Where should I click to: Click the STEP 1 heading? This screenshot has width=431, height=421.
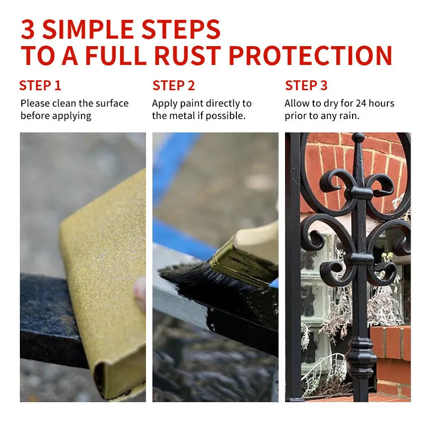[x=40, y=85]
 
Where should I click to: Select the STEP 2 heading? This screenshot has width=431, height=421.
[x=173, y=85]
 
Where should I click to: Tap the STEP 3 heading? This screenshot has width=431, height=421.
[x=306, y=85]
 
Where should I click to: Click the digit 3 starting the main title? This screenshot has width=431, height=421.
[x=28, y=29]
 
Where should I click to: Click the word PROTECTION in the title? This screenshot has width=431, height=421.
[x=310, y=55]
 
